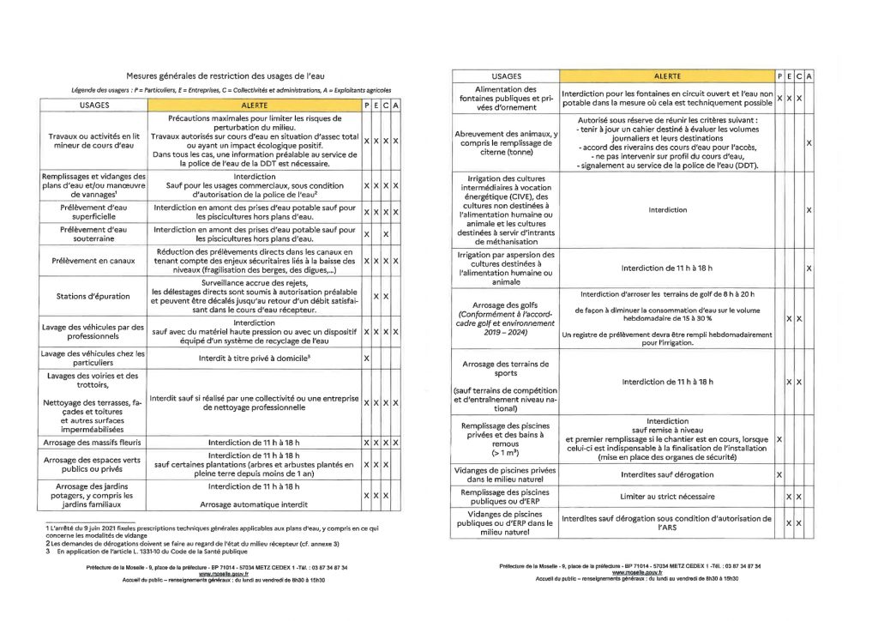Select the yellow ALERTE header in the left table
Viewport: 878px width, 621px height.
254,105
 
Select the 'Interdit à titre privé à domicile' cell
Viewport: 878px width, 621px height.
254,356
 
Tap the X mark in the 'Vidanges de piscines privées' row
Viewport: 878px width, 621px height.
779,473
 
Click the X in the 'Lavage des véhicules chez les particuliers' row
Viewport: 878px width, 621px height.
367,358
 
